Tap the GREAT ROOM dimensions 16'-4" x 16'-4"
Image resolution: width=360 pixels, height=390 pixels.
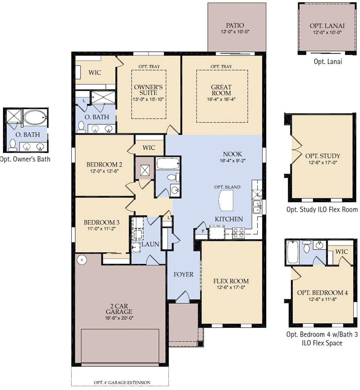point(221,99)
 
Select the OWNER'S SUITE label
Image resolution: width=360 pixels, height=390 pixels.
point(148,90)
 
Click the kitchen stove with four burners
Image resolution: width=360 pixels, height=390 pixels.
point(238,233)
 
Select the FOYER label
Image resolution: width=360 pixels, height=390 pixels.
point(183,274)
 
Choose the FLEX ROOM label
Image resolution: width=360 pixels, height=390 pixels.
point(231,281)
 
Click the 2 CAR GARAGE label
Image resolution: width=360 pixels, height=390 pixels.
point(119,308)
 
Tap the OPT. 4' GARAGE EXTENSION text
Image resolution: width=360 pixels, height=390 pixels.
point(122,382)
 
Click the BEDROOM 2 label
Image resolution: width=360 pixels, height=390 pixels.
point(104,164)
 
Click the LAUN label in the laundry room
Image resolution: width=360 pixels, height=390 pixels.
point(150,244)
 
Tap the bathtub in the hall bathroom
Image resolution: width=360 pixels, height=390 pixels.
point(168,163)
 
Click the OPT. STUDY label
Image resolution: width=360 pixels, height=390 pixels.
point(322,156)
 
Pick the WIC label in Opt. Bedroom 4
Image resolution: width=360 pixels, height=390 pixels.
point(341,251)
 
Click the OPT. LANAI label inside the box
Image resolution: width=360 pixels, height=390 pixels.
point(327,26)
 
